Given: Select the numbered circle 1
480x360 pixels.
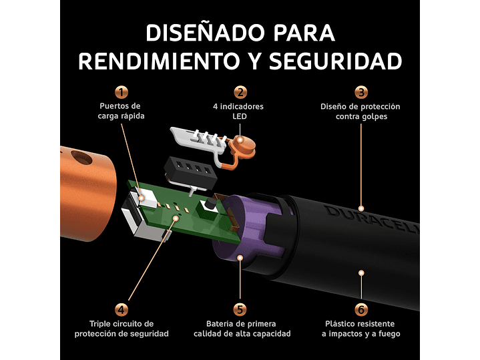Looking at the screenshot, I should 121,93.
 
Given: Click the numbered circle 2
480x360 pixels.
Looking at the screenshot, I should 240,93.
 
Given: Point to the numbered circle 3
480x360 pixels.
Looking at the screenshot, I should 361,93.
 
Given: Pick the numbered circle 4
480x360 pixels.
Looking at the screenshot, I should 121,309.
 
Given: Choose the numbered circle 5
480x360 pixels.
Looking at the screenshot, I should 240,309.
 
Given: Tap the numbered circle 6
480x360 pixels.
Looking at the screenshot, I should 361,309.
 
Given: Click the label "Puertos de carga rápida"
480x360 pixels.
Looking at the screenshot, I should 121,111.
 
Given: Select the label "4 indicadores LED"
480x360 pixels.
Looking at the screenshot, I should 240,111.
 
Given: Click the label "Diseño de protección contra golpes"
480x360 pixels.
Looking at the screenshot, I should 361,111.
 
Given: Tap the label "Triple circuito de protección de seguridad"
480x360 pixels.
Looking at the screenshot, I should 121,328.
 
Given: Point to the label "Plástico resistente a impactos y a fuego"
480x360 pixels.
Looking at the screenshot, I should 361,328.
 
